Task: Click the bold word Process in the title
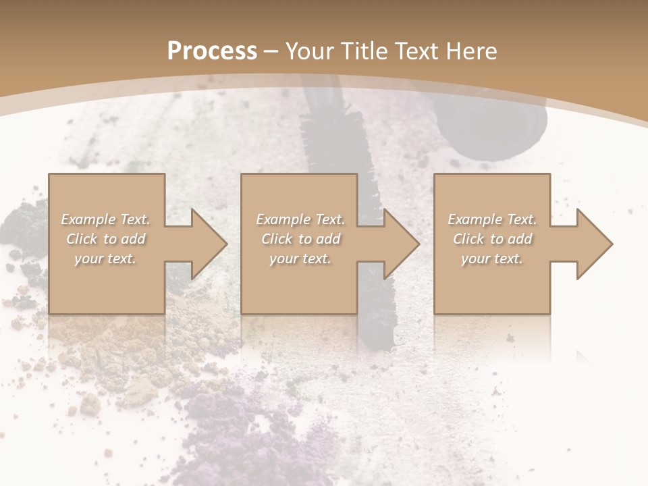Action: coord(212,51)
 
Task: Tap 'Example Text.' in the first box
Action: coord(106,219)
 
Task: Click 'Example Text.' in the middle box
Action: coord(300,219)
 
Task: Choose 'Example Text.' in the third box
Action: coord(492,219)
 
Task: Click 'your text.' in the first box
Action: coord(106,259)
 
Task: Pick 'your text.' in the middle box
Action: coord(300,259)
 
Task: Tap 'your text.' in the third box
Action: coord(492,259)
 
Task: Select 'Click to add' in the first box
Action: coord(106,239)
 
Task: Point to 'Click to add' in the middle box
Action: coord(300,239)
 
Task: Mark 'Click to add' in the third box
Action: coord(492,239)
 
